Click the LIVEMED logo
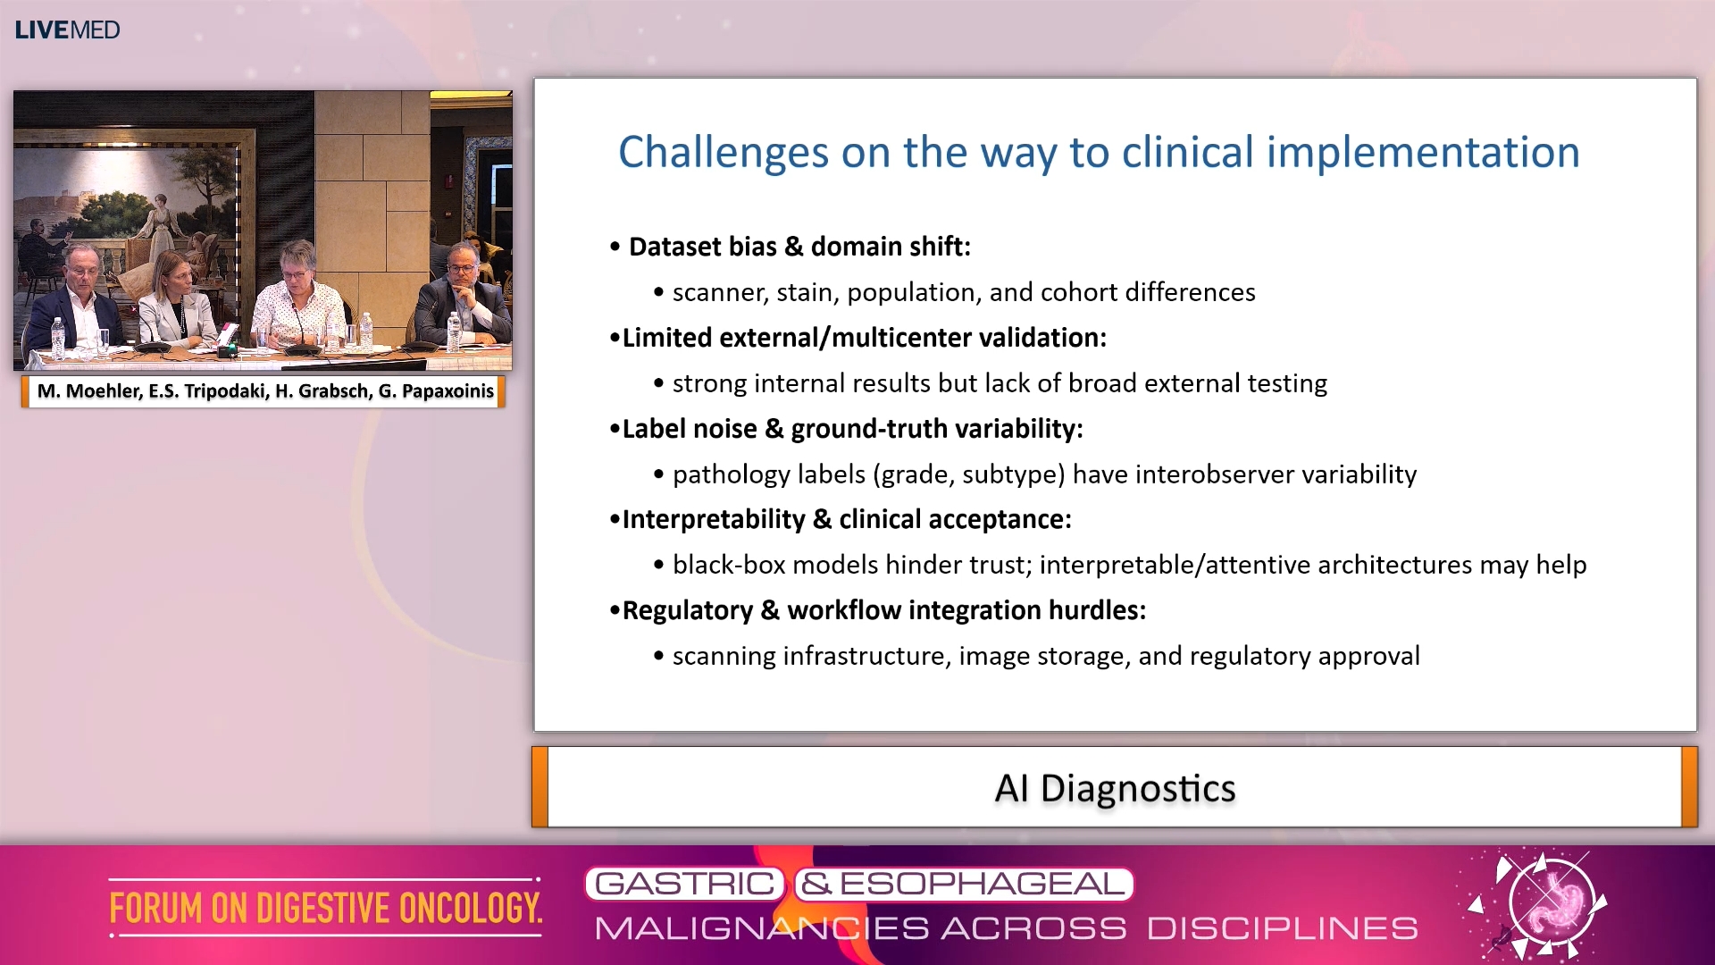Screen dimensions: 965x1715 [67, 29]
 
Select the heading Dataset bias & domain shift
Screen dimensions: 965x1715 [799, 247]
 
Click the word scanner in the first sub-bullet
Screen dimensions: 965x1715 [719, 292]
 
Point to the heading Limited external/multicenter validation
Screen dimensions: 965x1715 [864, 338]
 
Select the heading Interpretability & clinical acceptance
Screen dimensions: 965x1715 [846, 519]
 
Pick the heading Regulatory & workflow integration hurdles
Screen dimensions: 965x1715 [883, 610]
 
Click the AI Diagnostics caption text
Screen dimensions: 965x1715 [1115, 788]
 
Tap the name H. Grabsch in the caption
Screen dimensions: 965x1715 [322, 391]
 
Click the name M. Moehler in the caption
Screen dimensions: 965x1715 [88, 391]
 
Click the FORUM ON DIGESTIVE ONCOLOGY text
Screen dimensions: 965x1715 [325, 908]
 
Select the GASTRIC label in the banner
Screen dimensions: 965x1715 [684, 884]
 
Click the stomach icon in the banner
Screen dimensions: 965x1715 [1552, 904]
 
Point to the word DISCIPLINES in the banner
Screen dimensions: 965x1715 [1282, 928]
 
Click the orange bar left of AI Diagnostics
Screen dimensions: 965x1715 [540, 787]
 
